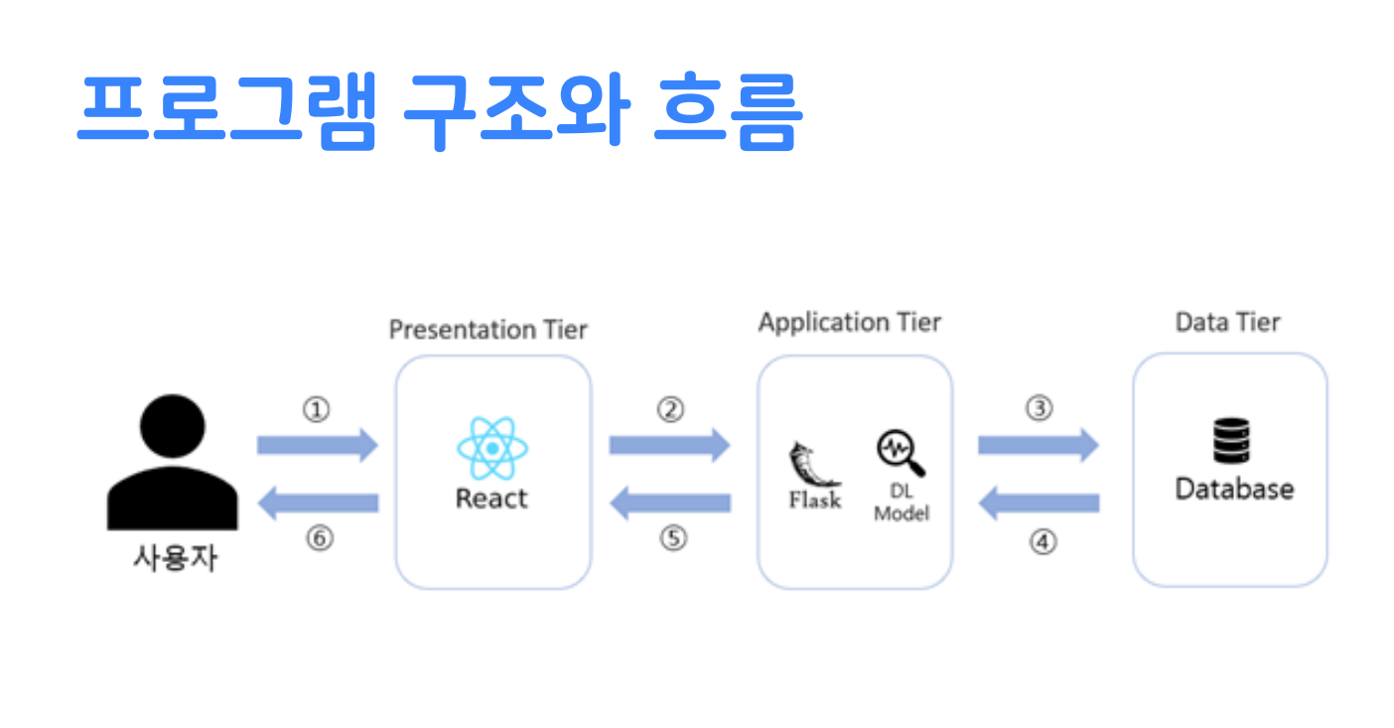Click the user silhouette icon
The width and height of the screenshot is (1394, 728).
pyautogui.click(x=172, y=461)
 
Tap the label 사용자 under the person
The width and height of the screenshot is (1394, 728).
pyautogui.click(x=175, y=557)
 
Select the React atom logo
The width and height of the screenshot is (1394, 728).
pyautogui.click(x=492, y=448)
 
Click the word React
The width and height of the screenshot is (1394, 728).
pyautogui.click(x=491, y=498)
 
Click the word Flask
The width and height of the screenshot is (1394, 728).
pyautogui.click(x=814, y=500)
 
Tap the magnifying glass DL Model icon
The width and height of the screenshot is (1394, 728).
pyautogui.click(x=901, y=453)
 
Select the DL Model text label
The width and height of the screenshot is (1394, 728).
pyautogui.click(x=902, y=503)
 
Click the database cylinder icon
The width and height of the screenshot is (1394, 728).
pyautogui.click(x=1232, y=441)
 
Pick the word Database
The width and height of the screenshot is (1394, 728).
pyautogui.click(x=1234, y=489)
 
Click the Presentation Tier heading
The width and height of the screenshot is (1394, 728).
pyautogui.click(x=488, y=329)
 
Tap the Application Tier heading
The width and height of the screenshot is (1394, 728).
pyautogui.click(x=849, y=323)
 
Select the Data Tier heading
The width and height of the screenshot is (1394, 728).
pyautogui.click(x=1227, y=323)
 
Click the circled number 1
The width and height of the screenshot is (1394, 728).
pyautogui.click(x=316, y=409)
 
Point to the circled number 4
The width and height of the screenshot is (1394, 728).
pyautogui.click(x=1043, y=542)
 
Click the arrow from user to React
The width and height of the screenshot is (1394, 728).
pyautogui.click(x=317, y=445)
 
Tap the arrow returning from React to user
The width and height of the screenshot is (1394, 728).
pyautogui.click(x=317, y=504)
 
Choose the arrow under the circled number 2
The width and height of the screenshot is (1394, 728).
pyautogui.click(x=668, y=445)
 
